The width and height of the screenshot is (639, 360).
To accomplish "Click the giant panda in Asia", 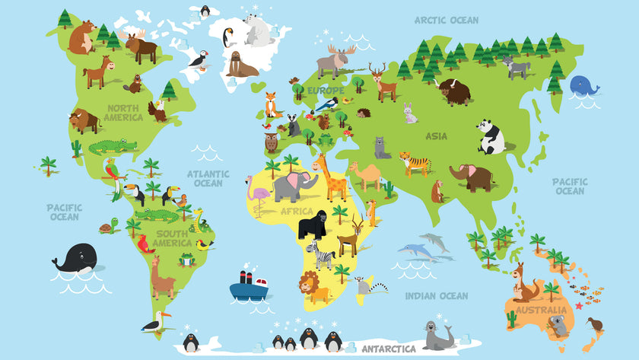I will point(491,137).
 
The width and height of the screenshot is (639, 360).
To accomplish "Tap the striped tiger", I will point(415,162).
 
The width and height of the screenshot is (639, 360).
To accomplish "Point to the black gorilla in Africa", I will point(313,224).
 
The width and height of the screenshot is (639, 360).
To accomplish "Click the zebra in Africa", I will point(320,255).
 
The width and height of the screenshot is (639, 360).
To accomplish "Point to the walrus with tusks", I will point(241,64).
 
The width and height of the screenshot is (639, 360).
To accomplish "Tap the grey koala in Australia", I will point(559,326).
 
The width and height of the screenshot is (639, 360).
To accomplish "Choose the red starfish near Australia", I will point(578,306).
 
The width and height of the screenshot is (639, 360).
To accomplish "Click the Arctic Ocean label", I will point(446,21).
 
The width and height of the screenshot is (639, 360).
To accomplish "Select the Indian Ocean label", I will point(436,296).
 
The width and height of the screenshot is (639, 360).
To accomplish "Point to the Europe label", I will point(326,91).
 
